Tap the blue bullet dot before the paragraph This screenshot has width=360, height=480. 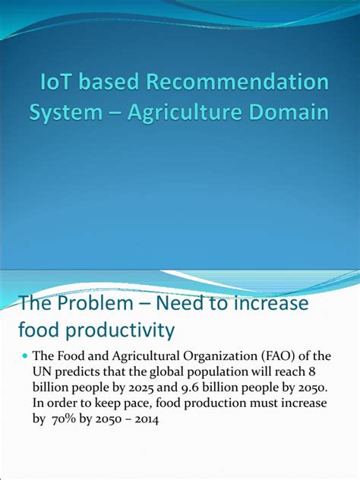point(24,356)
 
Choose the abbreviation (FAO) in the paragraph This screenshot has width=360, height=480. point(273,356)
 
